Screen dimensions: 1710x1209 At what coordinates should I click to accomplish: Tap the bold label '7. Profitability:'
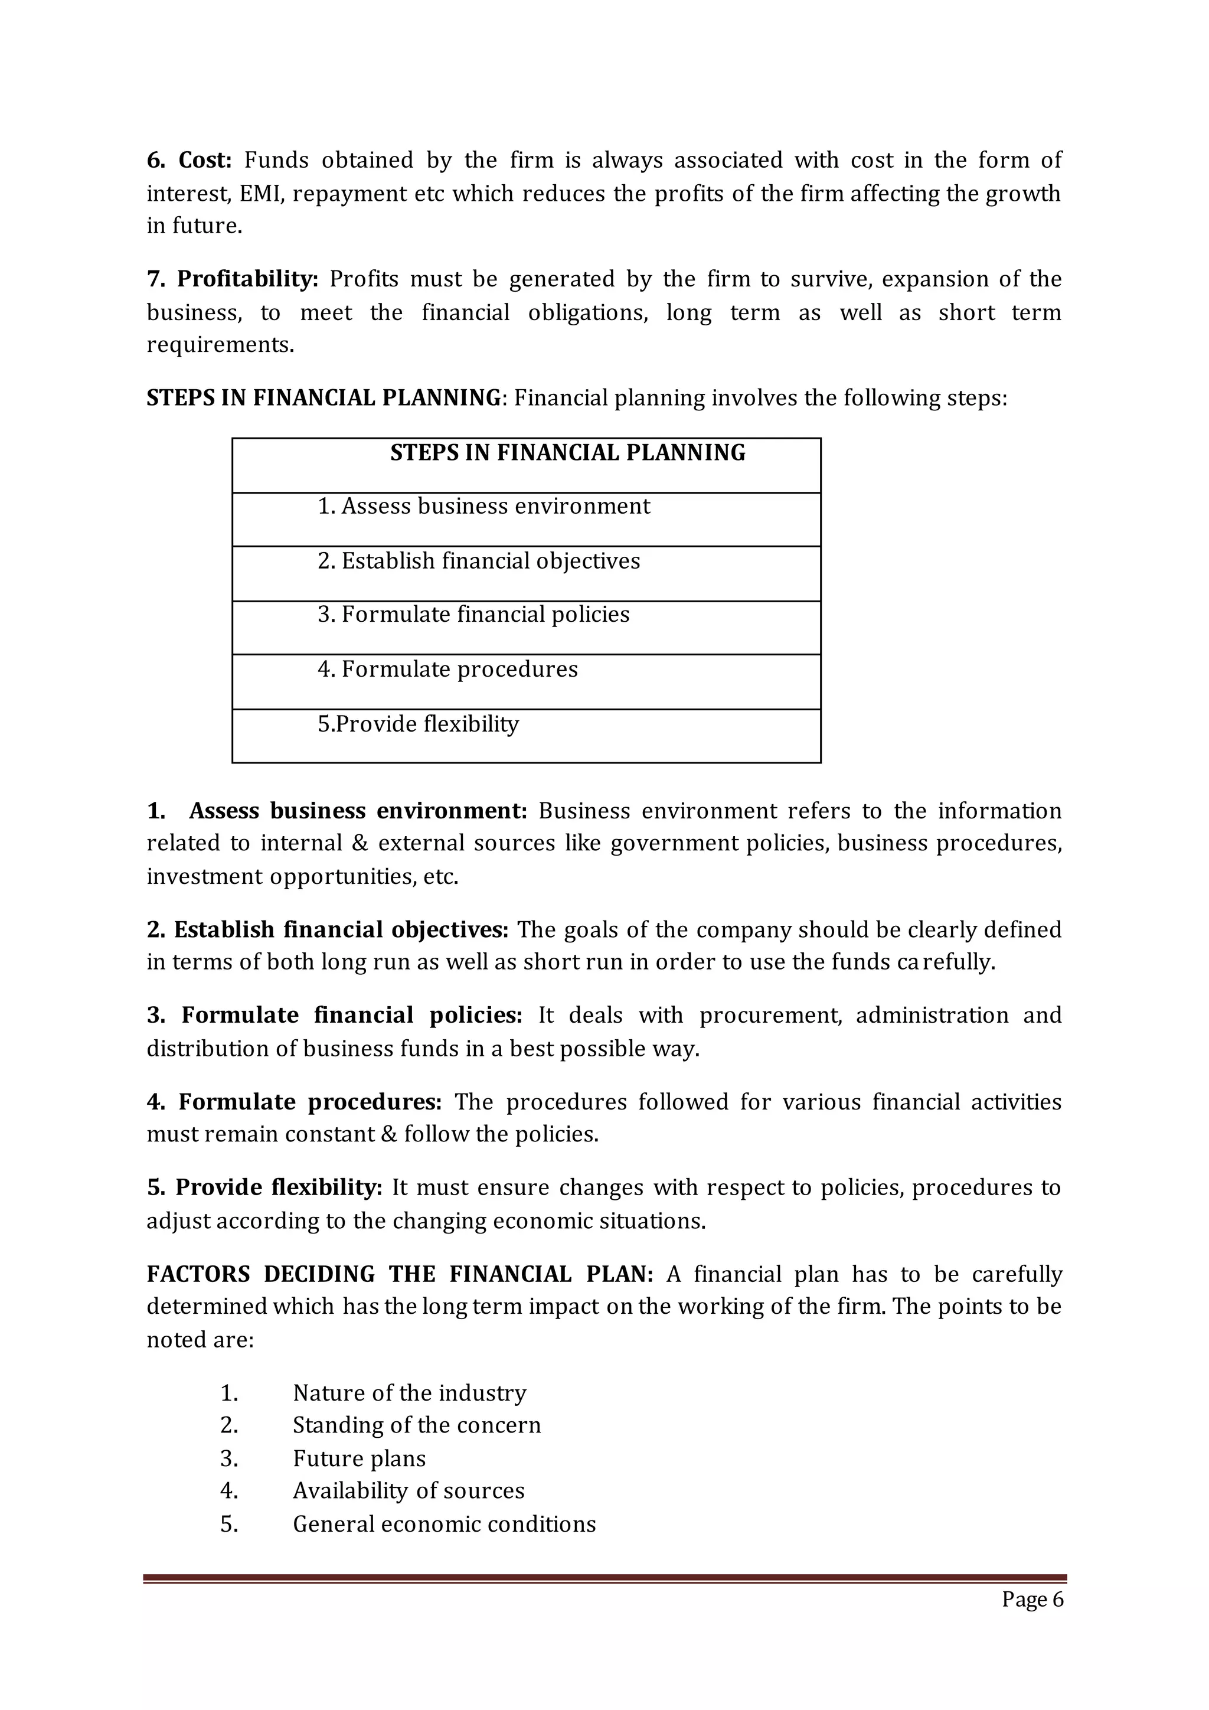tap(232, 279)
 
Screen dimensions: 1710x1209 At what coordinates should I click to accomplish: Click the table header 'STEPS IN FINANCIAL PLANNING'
tap(567, 453)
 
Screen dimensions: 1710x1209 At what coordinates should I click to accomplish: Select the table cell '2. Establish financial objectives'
tap(479, 561)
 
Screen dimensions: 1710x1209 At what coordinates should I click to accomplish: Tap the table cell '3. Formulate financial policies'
tap(473, 615)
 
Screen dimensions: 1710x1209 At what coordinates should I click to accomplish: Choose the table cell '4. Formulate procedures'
tap(447, 669)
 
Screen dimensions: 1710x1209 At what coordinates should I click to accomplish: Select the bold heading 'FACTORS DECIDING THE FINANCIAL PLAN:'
tap(400, 1274)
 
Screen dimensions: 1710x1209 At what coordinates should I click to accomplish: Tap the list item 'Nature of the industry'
tap(410, 1393)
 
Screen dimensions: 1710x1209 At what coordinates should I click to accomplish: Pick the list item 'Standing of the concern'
tap(417, 1425)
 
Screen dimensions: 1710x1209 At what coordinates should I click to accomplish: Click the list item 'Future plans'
tap(359, 1458)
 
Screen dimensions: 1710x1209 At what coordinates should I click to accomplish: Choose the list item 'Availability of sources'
tap(409, 1490)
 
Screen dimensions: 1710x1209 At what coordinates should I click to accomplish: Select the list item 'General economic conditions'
tap(445, 1524)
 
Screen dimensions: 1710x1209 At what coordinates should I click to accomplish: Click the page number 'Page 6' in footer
tap(1032, 1599)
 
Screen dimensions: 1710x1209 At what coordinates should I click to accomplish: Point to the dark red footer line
tap(604, 1577)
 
